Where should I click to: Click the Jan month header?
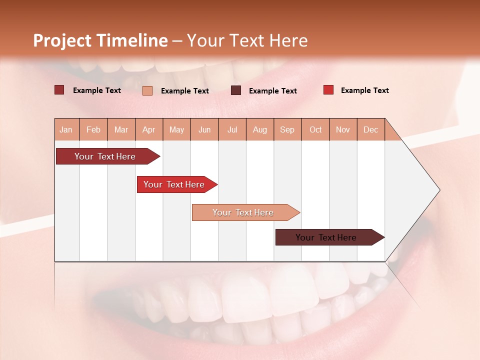(66, 129)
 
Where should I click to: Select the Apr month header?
(149, 129)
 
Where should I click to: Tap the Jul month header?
(232, 129)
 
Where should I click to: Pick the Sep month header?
(287, 129)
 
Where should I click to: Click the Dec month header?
(370, 129)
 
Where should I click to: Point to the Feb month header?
(93, 129)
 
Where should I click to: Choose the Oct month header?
(315, 129)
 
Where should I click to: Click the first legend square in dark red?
(59, 90)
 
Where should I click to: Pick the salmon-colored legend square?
(147, 90)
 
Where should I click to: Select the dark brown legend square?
(236, 90)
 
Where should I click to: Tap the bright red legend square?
(328, 90)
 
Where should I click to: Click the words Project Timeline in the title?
(100, 40)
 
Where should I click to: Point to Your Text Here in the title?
(247, 40)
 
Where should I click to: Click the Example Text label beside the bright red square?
(364, 90)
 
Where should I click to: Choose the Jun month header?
(204, 129)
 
